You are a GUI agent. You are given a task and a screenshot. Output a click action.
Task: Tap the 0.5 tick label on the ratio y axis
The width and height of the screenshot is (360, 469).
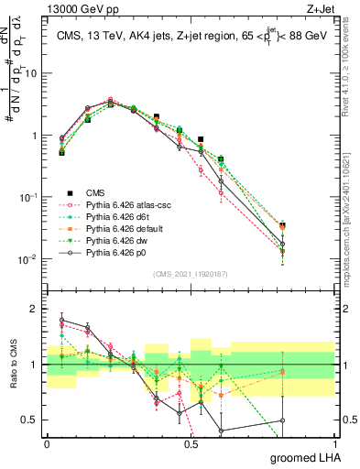(30, 421)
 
